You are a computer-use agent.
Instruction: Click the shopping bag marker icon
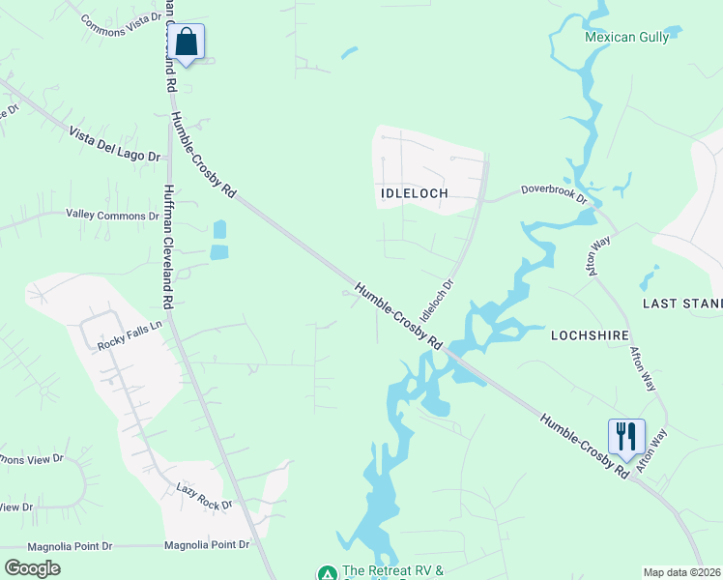(186, 43)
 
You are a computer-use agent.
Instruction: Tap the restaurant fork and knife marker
(625, 437)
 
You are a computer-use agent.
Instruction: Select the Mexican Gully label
(625, 38)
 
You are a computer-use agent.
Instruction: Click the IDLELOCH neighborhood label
(415, 193)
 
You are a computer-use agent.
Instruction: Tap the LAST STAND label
(682, 304)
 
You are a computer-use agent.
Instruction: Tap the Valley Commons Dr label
(111, 215)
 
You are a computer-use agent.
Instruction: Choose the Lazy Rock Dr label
(205, 498)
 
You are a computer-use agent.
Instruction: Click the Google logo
(32, 567)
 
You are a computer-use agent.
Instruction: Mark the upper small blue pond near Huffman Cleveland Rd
(219, 230)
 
